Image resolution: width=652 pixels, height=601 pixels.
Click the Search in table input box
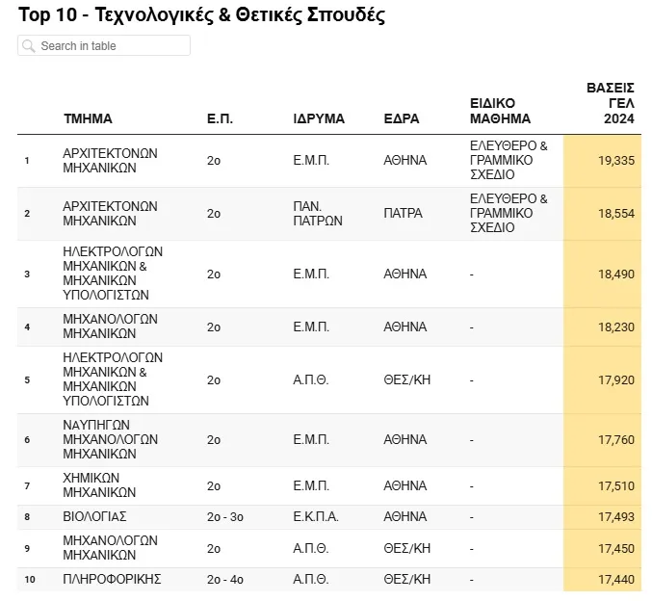click(x=104, y=45)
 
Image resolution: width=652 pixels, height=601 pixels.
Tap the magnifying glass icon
click(x=28, y=46)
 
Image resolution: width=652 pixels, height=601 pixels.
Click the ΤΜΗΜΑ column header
click(x=88, y=119)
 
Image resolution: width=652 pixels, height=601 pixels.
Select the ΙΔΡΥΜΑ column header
click(x=319, y=119)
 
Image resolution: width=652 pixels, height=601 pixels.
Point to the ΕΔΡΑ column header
click(x=402, y=119)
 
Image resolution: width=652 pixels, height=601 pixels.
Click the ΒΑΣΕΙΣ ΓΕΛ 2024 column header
click(x=610, y=103)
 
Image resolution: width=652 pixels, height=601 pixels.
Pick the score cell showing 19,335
click(x=616, y=161)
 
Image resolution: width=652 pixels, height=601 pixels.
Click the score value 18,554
click(x=616, y=214)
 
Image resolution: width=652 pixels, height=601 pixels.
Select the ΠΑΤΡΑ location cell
click(x=403, y=214)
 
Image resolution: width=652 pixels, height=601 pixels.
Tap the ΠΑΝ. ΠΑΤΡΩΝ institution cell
click(x=318, y=214)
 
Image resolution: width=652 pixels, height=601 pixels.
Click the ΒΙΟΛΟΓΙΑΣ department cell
click(x=94, y=516)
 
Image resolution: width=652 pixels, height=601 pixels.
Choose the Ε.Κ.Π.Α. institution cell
click(x=316, y=516)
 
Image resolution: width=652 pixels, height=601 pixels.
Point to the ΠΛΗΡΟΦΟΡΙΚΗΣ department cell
click(x=112, y=579)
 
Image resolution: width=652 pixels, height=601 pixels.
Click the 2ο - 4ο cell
click(x=225, y=580)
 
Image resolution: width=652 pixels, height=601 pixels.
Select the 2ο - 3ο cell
click(x=225, y=517)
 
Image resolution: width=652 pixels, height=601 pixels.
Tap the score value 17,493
click(x=616, y=517)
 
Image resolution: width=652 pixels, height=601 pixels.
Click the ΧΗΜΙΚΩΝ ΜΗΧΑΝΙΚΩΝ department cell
click(x=99, y=485)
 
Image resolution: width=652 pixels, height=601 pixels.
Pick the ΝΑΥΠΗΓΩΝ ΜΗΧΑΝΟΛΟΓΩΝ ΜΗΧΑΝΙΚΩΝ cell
click(x=110, y=439)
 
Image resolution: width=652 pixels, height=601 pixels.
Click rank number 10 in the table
click(x=30, y=580)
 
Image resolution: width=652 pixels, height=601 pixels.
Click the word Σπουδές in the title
click(x=346, y=15)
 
